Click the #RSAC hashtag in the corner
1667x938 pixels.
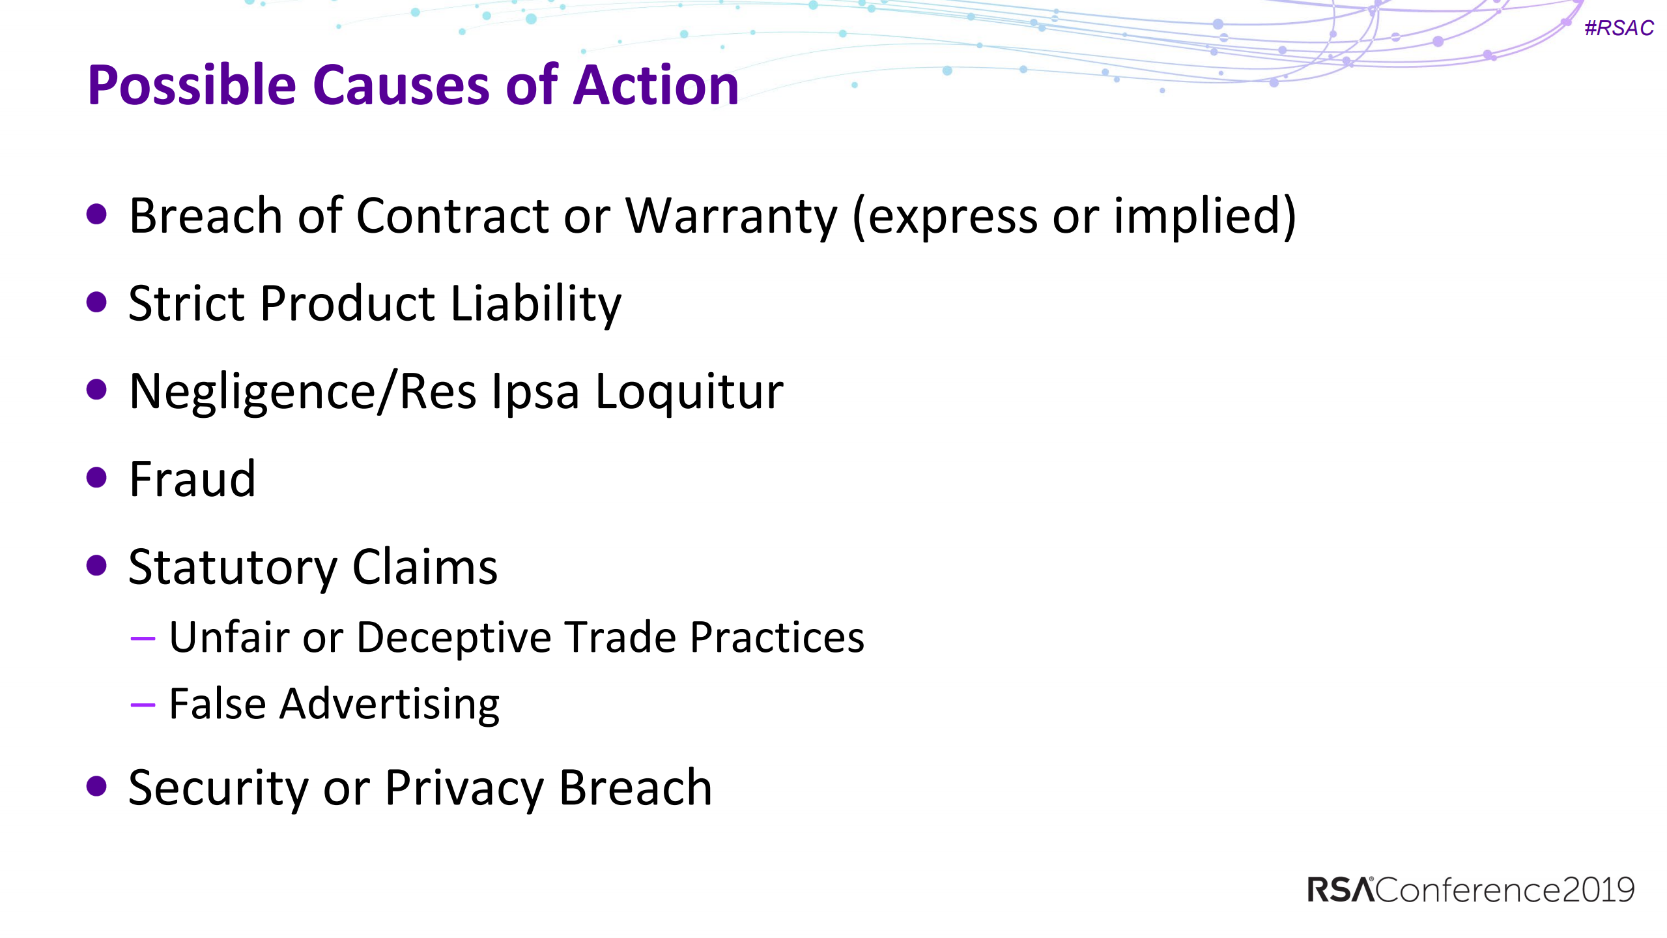pyautogui.click(x=1618, y=28)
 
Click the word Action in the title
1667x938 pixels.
pyautogui.click(x=655, y=85)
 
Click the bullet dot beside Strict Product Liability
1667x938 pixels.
pyautogui.click(x=96, y=302)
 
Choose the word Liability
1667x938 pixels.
pyautogui.click(x=535, y=304)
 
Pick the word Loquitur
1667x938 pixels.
pyautogui.click(x=689, y=392)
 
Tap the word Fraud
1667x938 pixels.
pyautogui.click(x=192, y=479)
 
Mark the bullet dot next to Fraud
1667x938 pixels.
pyautogui.click(x=96, y=477)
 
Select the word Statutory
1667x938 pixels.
pyautogui.click(x=233, y=567)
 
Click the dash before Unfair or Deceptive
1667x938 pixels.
pyautogui.click(x=143, y=638)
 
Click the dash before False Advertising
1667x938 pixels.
pyautogui.click(x=143, y=705)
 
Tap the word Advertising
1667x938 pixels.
pyautogui.click(x=389, y=705)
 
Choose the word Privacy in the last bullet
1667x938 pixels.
pyautogui.click(x=463, y=788)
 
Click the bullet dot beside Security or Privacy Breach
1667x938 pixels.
pyautogui.click(x=96, y=786)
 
